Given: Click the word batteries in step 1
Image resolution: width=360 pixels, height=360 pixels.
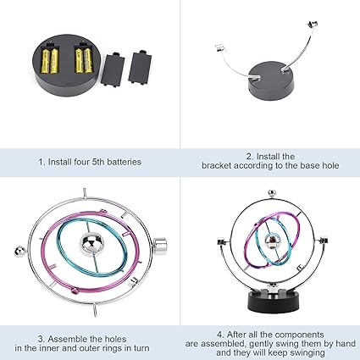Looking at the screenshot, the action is [125, 162].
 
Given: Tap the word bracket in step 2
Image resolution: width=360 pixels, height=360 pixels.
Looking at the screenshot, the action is [216, 165].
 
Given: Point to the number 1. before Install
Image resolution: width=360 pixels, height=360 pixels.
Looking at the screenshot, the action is [42, 162].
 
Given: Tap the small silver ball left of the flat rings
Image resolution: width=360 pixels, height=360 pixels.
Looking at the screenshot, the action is [19, 252].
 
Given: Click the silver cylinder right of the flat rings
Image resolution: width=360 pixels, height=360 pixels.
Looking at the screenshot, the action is [160, 245].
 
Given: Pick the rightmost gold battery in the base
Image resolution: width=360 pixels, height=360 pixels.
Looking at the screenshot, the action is [88, 60].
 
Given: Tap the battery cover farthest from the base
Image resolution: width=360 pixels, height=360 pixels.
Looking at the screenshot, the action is [141, 67].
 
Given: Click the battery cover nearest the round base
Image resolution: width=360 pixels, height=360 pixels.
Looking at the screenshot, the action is [113, 69].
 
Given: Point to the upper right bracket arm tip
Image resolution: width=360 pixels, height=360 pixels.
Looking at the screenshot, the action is [313, 25].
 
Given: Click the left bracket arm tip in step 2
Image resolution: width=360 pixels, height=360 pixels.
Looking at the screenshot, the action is [221, 48].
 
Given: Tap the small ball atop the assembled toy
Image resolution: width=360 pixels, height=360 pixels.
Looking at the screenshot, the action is [271, 193].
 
